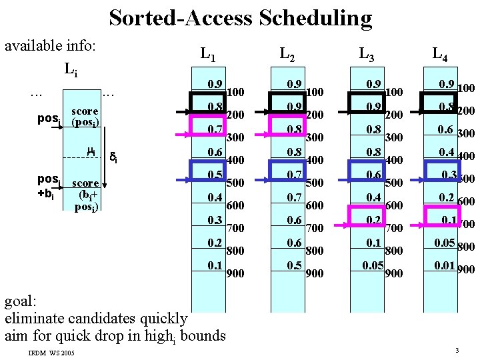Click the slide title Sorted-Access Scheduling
pyautogui.click(x=240, y=17)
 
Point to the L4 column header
pyautogui.click(x=439, y=53)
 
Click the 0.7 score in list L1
pyautogui.click(x=215, y=129)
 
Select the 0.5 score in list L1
pyautogui.click(x=215, y=175)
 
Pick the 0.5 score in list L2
pyautogui.click(x=294, y=265)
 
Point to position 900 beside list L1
pyautogui.click(x=235, y=273)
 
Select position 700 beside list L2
pyautogui.click(x=314, y=228)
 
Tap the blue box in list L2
pyautogui.click(x=287, y=172)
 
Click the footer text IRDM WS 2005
pyautogui.click(x=52, y=351)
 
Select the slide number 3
pyautogui.click(x=457, y=351)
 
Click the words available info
pyautogui.click(x=51, y=47)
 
